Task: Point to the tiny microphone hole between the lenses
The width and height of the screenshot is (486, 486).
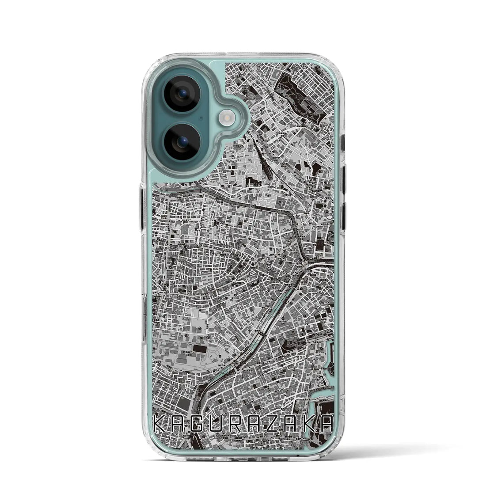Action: tap(201, 118)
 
